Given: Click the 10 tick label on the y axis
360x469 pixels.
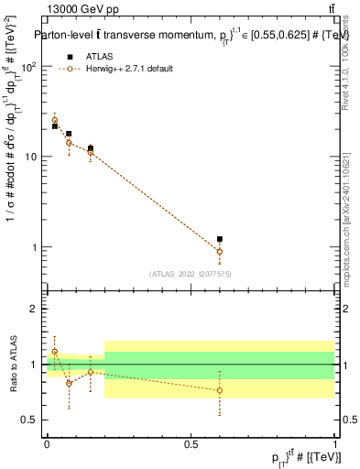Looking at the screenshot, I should coord(31,158).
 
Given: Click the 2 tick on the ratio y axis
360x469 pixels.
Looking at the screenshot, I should coord(35,309).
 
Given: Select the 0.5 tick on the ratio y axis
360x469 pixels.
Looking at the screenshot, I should coord(30,420).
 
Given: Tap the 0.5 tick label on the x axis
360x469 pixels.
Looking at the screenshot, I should coord(191,443).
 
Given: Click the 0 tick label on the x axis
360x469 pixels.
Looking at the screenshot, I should coord(47,443).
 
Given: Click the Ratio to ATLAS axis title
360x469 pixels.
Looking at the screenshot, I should coord(13,364).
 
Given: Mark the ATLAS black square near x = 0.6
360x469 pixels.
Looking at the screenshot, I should coord(219,239).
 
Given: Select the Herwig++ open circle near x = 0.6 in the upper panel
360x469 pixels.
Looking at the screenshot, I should coord(219,251).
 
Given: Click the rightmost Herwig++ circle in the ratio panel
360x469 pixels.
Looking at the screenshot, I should coord(219,390).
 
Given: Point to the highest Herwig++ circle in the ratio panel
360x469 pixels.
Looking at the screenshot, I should coord(54,352).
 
